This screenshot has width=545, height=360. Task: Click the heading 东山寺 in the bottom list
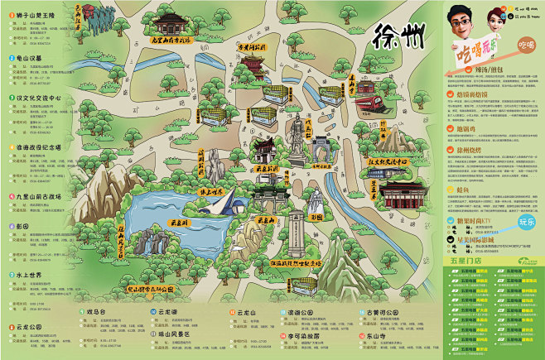pos(371,337)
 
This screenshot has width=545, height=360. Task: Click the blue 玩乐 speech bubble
pos(527,222)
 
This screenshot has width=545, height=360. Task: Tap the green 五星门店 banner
pos(466,259)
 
